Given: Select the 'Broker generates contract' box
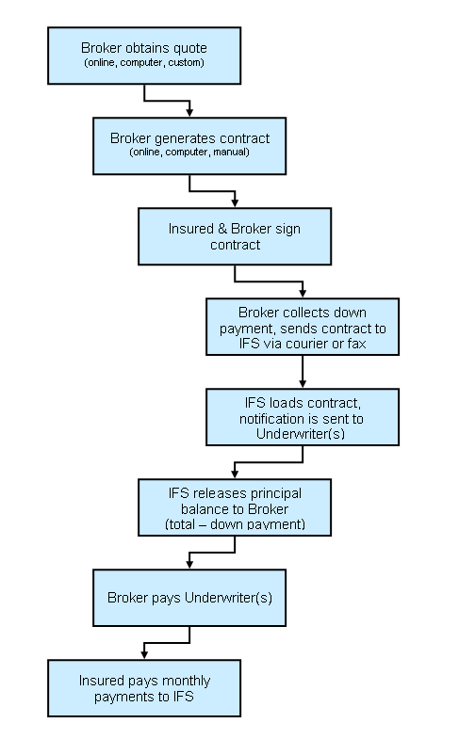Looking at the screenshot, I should pyautogui.click(x=189, y=145).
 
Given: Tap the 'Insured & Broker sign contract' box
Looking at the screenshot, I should pyautogui.click(x=235, y=235).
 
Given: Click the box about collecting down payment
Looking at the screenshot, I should pyautogui.click(x=302, y=326).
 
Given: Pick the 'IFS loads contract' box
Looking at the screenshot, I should pyautogui.click(x=302, y=416).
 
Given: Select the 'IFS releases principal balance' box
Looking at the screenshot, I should pyautogui.click(x=235, y=506).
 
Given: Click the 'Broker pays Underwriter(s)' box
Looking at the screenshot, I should pyautogui.click(x=189, y=597).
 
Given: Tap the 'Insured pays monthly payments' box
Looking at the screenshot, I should pyautogui.click(x=143, y=687).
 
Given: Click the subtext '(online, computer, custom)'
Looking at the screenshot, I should pyautogui.click(x=143, y=63).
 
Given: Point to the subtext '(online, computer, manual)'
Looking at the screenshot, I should pyautogui.click(x=189, y=153).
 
